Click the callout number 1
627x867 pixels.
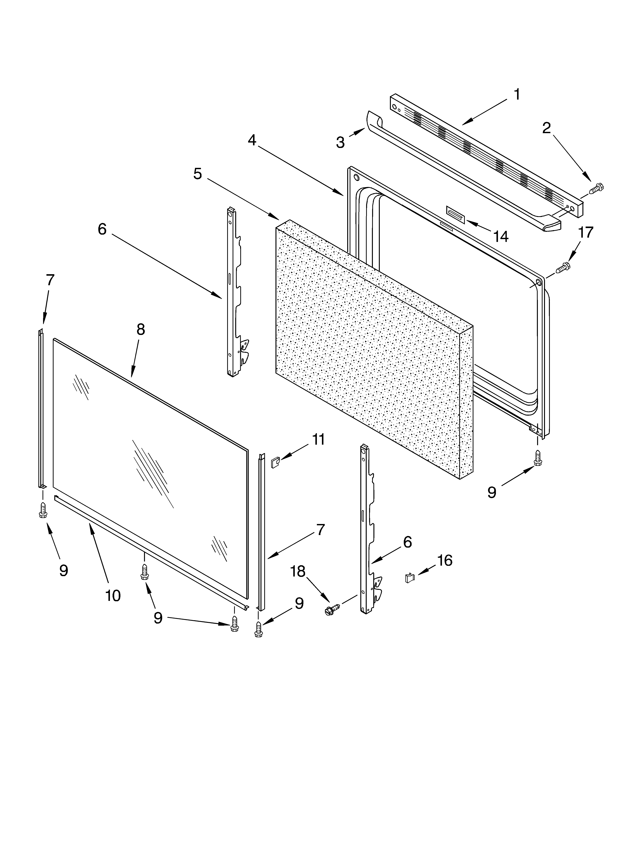[x=517, y=94]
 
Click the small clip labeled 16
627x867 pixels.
[x=409, y=578]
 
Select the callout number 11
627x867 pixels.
[x=319, y=440]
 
